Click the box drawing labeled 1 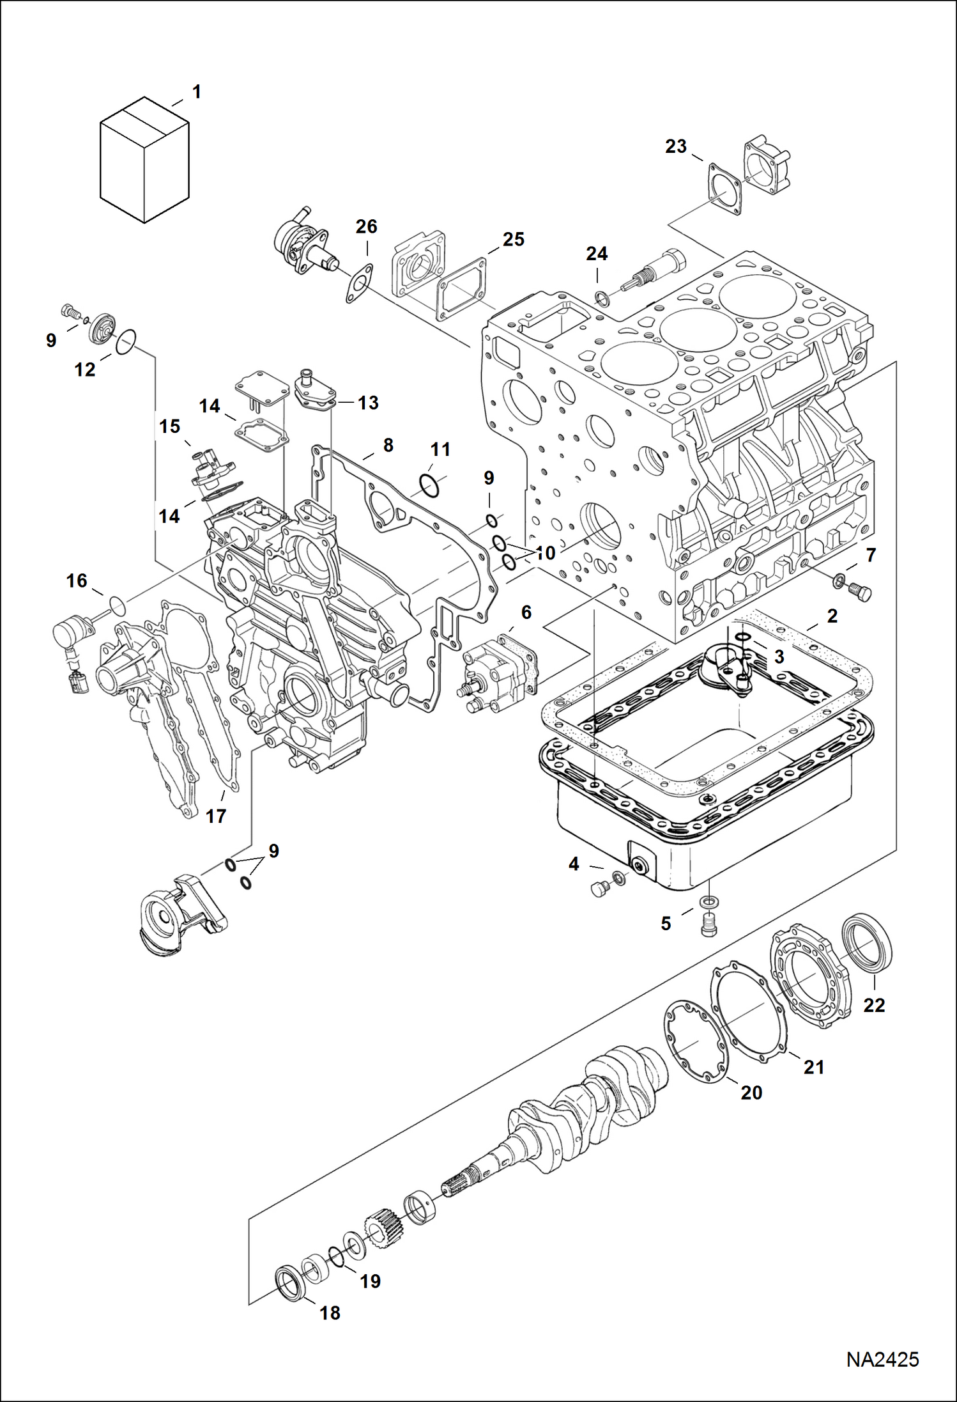(145, 160)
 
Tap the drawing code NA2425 (882, 1359)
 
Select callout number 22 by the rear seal (874, 1005)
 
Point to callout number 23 (675, 146)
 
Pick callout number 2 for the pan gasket (832, 616)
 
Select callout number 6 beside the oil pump (526, 612)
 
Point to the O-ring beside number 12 (126, 341)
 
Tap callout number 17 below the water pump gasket (216, 816)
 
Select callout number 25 (513, 239)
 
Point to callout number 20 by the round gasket (751, 1093)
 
